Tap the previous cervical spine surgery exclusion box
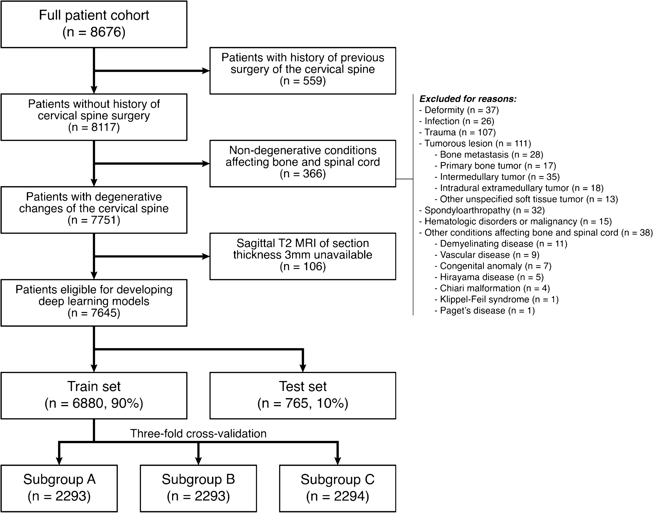click(303, 71)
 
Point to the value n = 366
click(303, 174)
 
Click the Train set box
click(94, 396)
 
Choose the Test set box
click(303, 396)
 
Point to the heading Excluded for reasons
click(468, 99)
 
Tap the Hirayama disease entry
click(489, 277)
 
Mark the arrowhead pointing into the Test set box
click(303, 368)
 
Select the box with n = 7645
click(94, 303)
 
